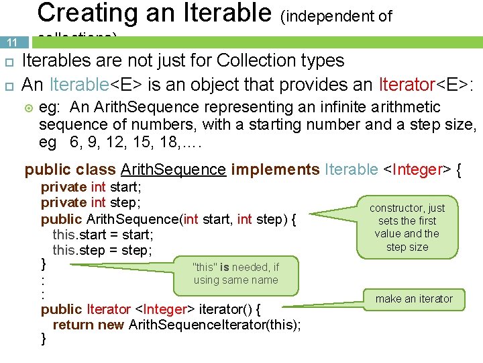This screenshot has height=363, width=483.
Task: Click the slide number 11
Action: coord(12,42)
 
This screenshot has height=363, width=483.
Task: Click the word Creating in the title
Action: coord(80,13)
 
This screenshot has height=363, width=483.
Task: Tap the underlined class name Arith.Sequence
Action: coord(173,169)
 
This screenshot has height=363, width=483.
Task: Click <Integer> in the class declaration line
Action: coord(415,169)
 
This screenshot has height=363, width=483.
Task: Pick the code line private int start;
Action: coord(91,188)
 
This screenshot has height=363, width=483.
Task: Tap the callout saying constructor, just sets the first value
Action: coord(407,227)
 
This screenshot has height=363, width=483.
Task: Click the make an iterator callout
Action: coord(414,298)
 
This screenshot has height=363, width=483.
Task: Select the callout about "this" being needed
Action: coord(235,274)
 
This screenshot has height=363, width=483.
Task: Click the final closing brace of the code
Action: coord(44,339)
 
